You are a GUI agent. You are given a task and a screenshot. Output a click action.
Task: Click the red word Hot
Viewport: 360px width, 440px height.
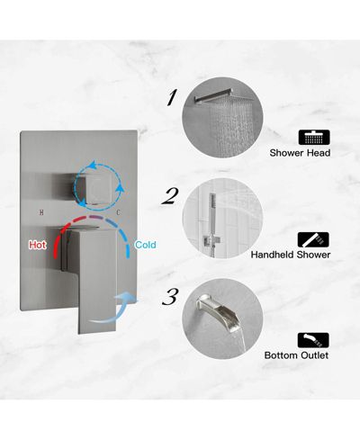point(38,245)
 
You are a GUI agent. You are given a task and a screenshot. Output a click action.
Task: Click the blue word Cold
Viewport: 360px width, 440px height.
point(146,245)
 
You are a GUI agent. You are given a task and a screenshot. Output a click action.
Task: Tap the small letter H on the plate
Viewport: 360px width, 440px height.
point(41,212)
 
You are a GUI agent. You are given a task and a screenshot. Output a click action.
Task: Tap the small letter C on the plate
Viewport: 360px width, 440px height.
point(118,212)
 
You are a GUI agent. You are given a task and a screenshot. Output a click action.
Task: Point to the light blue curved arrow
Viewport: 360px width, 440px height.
point(115,309)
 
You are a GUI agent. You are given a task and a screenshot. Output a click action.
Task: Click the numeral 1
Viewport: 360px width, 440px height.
point(172,97)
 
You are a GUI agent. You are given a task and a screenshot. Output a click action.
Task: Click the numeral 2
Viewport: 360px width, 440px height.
point(170,196)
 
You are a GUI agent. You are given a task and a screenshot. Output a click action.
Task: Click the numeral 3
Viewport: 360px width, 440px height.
point(170,297)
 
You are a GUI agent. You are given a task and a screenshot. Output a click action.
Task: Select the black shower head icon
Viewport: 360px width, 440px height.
point(314,138)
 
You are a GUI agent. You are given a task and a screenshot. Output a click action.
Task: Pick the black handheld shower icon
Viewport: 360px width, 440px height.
point(313,239)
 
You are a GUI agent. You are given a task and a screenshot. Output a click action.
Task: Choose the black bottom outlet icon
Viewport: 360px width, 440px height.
point(313,340)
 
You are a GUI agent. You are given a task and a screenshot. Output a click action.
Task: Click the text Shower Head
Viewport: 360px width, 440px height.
point(300,153)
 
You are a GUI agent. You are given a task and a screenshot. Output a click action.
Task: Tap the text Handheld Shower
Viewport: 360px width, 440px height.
point(291,255)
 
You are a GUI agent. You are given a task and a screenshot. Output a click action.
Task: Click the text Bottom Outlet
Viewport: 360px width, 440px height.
point(296,355)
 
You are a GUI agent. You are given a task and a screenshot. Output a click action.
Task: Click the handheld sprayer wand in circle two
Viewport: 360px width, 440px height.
point(212,216)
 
